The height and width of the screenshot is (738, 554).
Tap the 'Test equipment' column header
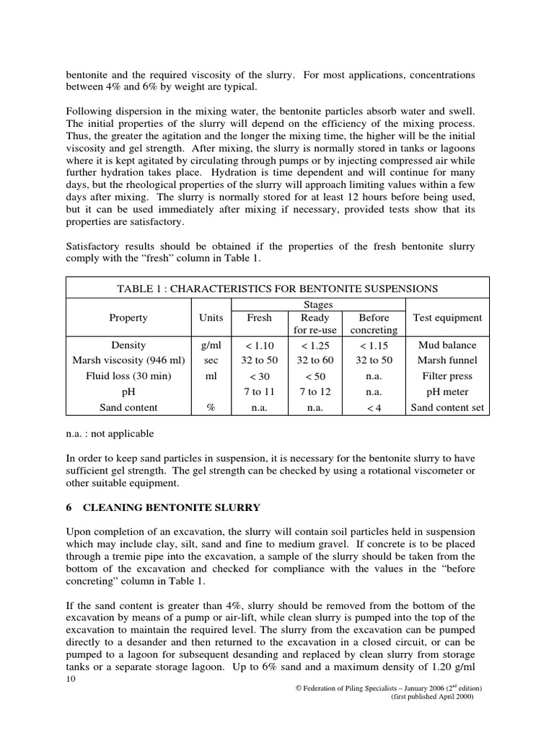(x=447, y=317)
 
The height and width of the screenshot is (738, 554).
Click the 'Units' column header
(x=211, y=317)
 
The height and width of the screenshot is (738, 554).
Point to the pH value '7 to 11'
(x=260, y=392)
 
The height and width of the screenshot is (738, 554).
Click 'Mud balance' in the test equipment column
(x=447, y=345)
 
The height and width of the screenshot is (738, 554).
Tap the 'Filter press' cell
(x=447, y=376)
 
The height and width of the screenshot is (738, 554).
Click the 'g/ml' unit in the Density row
(x=211, y=345)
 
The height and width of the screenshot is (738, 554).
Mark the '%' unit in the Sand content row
(x=211, y=408)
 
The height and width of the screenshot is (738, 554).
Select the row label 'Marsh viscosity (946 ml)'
(x=128, y=360)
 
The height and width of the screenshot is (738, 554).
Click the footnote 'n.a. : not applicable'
(x=109, y=435)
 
